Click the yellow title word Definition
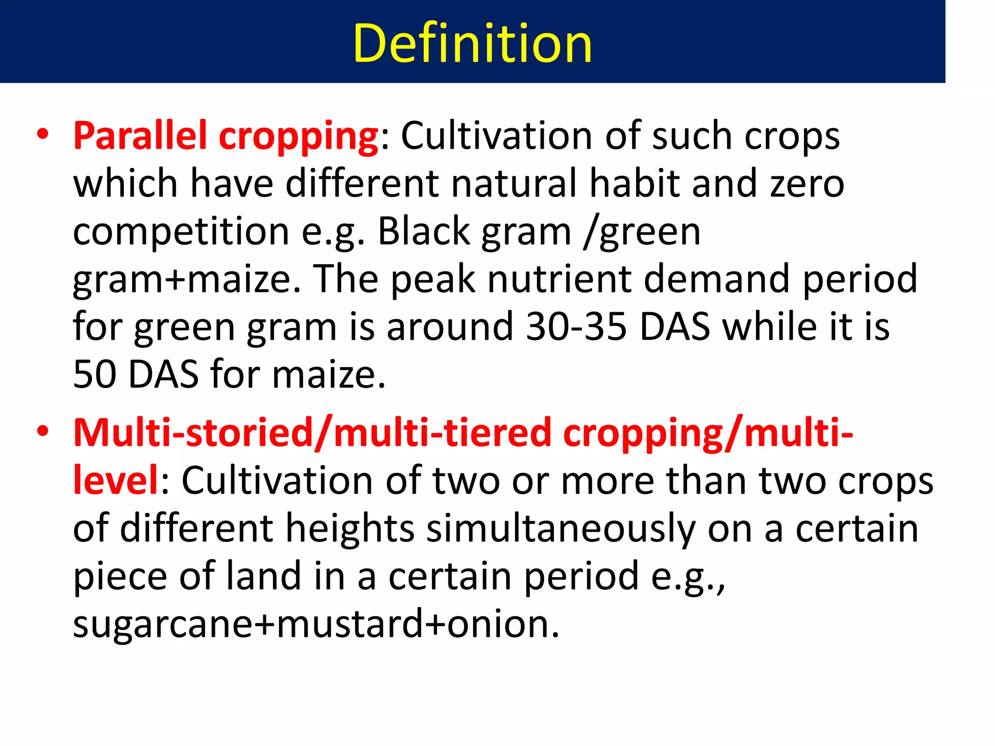[472, 44]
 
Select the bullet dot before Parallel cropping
[43, 134]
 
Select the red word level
[115, 480]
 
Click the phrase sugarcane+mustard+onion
[316, 624]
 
